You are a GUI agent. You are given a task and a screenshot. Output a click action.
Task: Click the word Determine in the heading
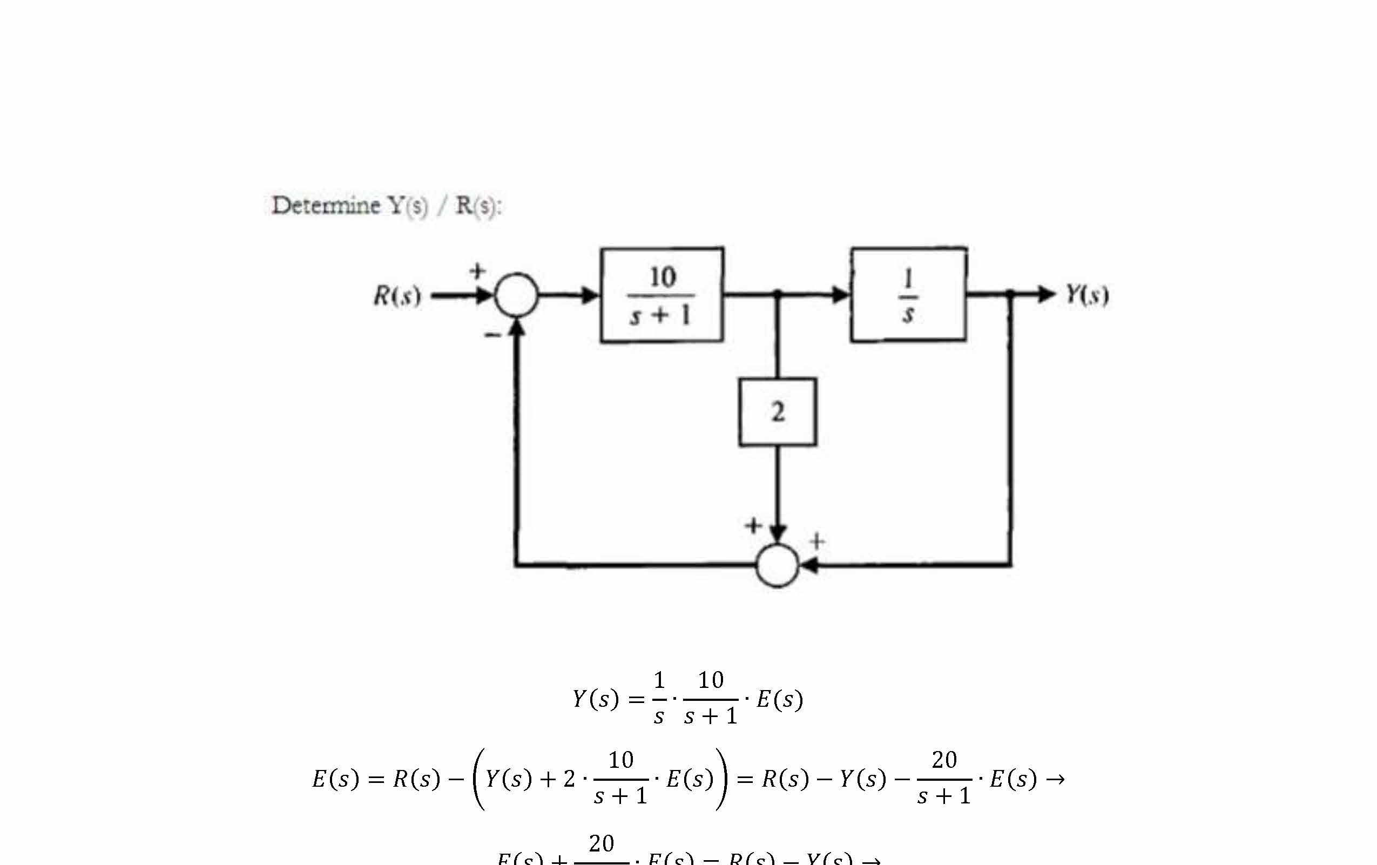(326, 205)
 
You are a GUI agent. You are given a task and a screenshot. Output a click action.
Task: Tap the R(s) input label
(397, 295)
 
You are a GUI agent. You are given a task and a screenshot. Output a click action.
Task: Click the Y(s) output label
(1086, 294)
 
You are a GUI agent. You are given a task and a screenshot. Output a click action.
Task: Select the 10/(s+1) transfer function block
(661, 295)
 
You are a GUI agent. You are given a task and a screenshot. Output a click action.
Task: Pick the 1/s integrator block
(908, 294)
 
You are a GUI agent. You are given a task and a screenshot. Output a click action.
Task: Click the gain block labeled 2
(777, 411)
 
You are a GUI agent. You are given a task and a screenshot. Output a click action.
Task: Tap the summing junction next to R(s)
(516, 295)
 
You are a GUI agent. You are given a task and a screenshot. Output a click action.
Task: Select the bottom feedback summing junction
(777, 565)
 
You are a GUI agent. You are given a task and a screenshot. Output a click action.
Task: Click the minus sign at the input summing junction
(492, 335)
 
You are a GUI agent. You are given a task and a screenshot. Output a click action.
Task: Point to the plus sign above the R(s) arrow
(477, 271)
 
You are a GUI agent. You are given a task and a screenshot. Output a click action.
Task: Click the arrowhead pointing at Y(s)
(1046, 294)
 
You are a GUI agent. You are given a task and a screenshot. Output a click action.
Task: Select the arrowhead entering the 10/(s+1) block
(590, 295)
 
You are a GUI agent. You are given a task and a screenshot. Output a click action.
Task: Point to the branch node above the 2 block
(777, 294)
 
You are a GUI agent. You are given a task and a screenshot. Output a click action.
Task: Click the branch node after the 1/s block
(1010, 294)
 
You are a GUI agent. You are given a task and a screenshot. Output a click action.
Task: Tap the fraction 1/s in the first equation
(659, 698)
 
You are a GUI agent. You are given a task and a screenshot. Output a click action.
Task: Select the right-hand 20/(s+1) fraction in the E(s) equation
(943, 778)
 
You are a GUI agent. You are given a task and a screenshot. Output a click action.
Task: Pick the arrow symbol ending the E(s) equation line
(1056, 779)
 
